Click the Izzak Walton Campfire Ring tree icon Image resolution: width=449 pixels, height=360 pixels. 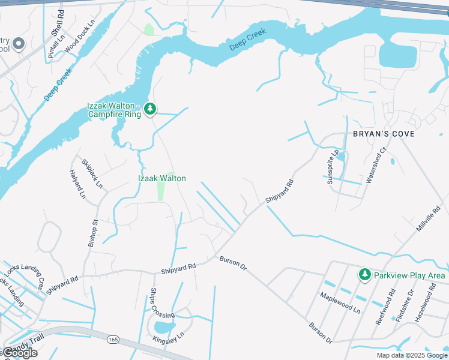coord(150,109)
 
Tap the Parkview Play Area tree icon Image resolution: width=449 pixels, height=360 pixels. coord(364,274)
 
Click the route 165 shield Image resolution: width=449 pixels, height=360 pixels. coord(113,340)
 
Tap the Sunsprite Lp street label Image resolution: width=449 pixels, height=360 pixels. coord(333,166)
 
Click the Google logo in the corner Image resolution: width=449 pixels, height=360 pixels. coord(20,353)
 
